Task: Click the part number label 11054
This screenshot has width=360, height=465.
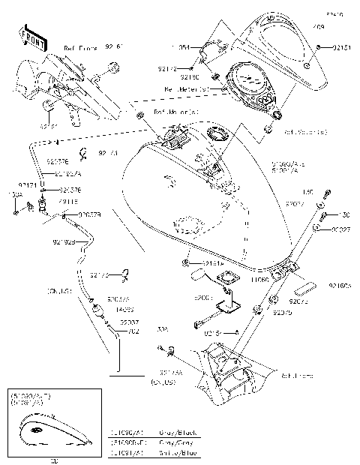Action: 187,46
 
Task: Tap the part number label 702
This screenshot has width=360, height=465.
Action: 133,331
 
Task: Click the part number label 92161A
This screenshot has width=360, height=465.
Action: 214,263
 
